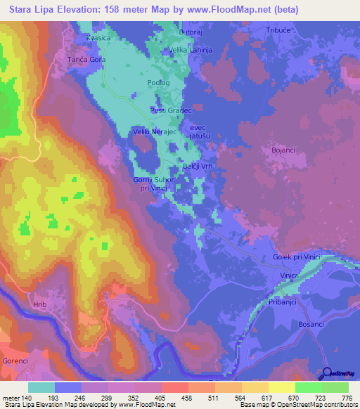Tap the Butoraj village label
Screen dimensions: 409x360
click(191, 33)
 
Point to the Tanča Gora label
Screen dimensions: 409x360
click(86, 60)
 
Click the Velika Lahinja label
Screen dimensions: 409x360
click(190, 51)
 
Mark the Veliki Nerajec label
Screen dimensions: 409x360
click(150, 131)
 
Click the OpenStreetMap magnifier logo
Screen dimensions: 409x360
click(327, 374)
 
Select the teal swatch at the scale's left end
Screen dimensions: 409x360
click(41, 387)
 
